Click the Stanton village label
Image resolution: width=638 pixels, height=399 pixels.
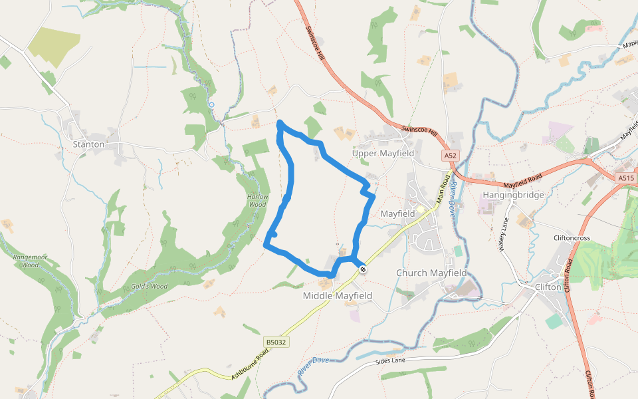[x=88, y=144]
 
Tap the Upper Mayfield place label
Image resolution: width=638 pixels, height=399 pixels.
[x=383, y=154]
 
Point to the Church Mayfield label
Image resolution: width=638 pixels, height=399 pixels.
[x=431, y=273]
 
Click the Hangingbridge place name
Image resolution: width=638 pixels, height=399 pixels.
[x=514, y=195]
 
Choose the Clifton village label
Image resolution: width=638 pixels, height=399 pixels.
[x=549, y=287]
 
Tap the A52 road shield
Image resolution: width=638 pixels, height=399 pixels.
[x=451, y=156]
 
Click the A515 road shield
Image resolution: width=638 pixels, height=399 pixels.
[x=625, y=178]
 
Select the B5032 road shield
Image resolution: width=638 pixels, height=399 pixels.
[x=276, y=342]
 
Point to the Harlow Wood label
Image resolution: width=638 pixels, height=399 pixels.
[x=258, y=200]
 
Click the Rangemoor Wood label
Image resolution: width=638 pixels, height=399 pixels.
[x=26, y=260]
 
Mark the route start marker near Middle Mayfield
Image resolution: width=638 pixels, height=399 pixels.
[x=363, y=269]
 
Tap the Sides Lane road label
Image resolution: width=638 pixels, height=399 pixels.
[x=390, y=360]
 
